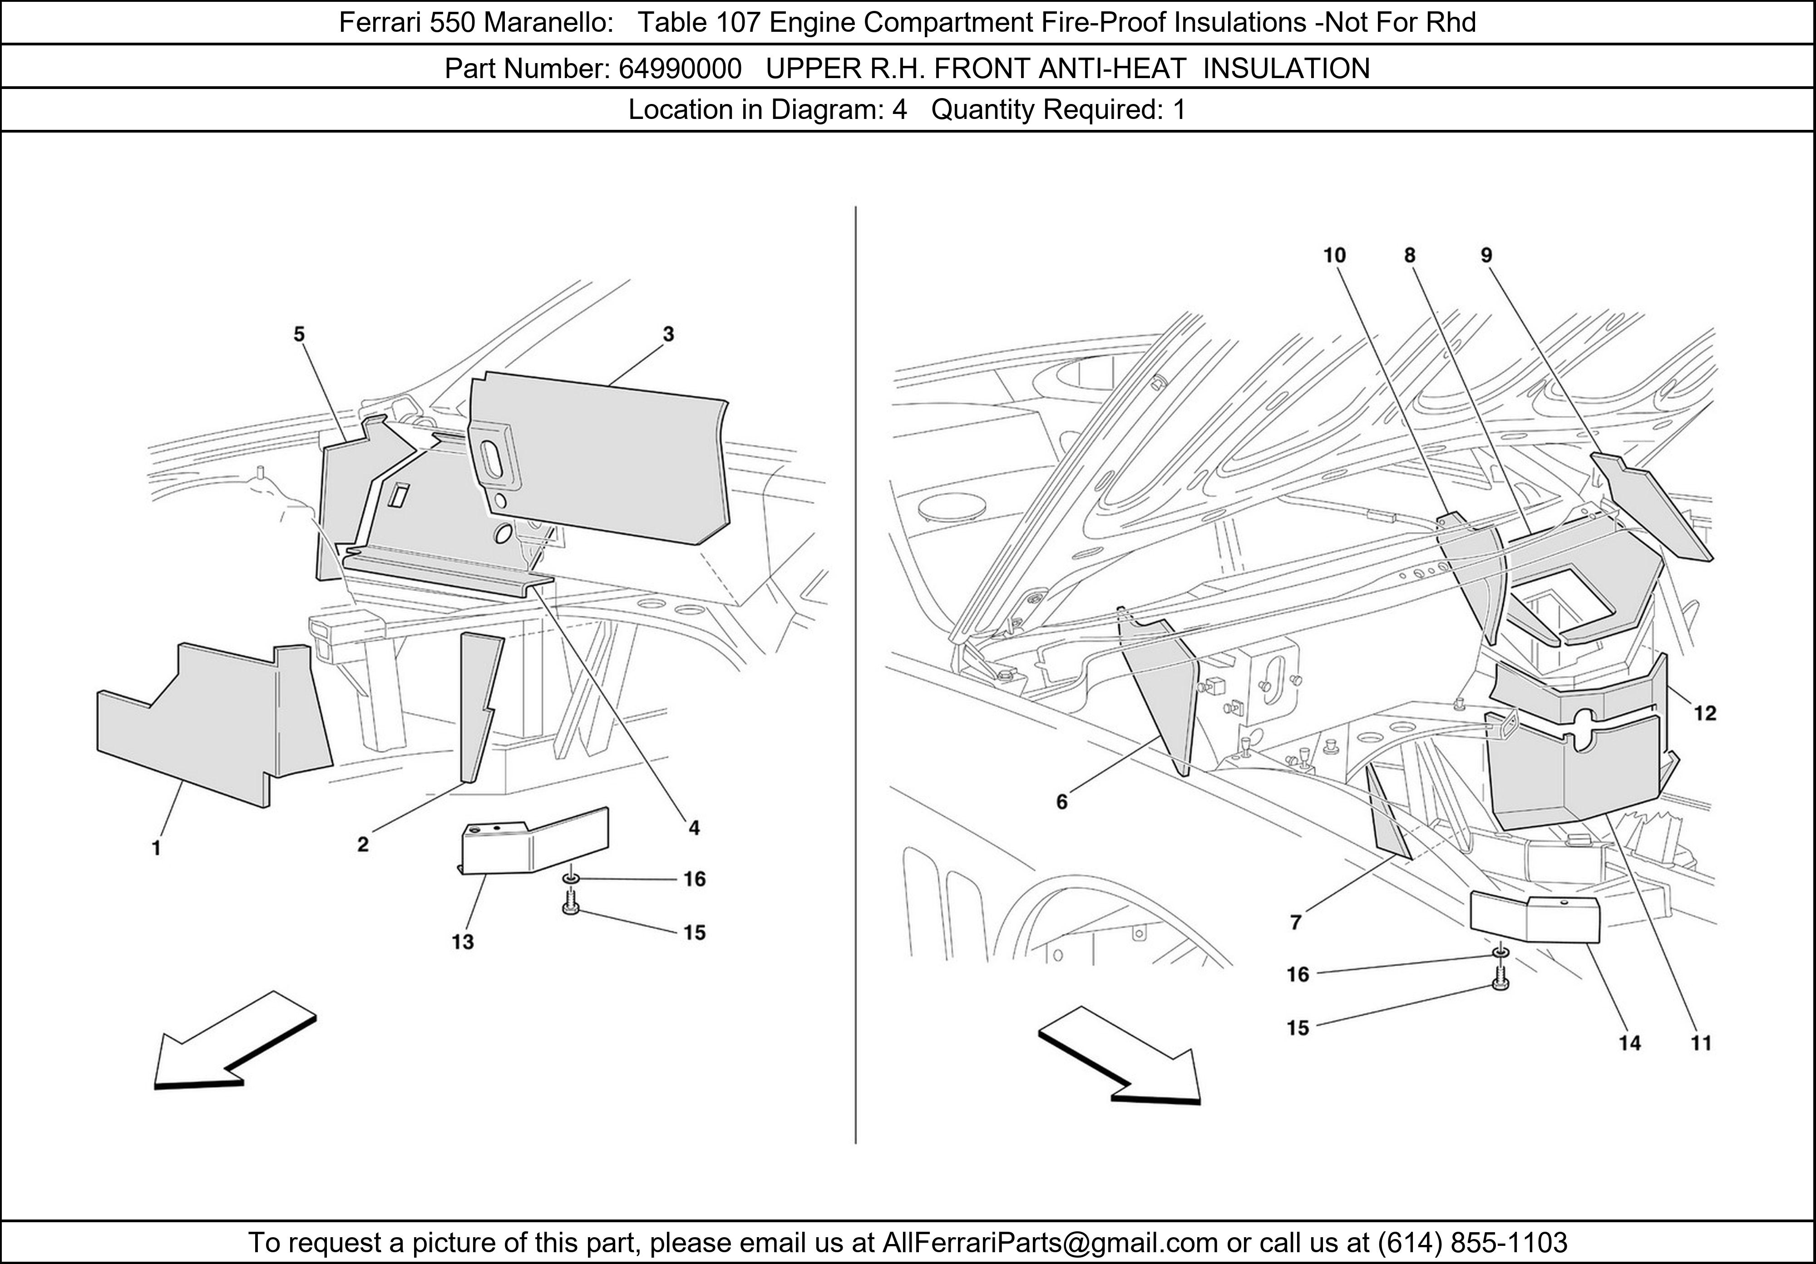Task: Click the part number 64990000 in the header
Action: (x=680, y=69)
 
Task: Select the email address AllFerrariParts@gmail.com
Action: (x=1050, y=1243)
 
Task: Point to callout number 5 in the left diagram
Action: (x=299, y=335)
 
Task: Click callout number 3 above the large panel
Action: (x=668, y=335)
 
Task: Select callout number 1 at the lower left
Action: (x=157, y=849)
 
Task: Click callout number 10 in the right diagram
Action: (x=1334, y=256)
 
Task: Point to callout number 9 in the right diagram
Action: (x=1486, y=256)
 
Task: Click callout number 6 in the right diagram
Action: (x=1061, y=802)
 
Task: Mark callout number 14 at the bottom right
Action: (x=1629, y=1043)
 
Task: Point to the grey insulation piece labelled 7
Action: (x=1387, y=815)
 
